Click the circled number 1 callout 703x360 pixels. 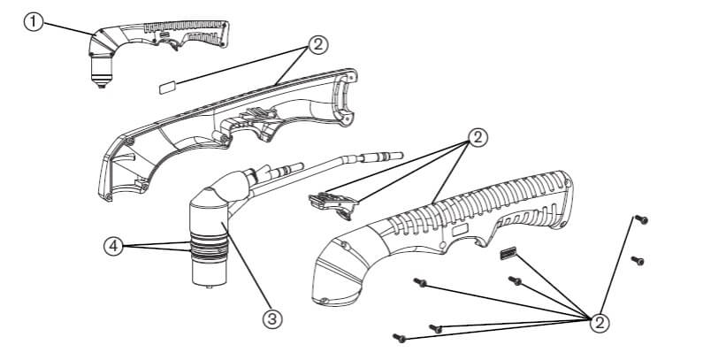coord(34,22)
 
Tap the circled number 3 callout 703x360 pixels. coord(272,318)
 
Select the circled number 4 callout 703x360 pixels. coord(114,247)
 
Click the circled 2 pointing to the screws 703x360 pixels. coord(600,322)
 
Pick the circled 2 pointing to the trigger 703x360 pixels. coord(478,138)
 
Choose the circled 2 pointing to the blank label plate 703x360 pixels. coord(317,45)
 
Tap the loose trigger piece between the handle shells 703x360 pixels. coord(334,205)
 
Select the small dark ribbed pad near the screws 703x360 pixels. coord(508,254)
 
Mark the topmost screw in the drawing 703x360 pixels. coord(641,219)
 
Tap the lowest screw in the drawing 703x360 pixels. coord(399,338)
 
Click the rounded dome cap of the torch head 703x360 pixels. coord(207,199)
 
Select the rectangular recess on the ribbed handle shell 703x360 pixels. coord(459,232)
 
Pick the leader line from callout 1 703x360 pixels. coord(69,28)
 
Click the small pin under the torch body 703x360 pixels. coord(209,286)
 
